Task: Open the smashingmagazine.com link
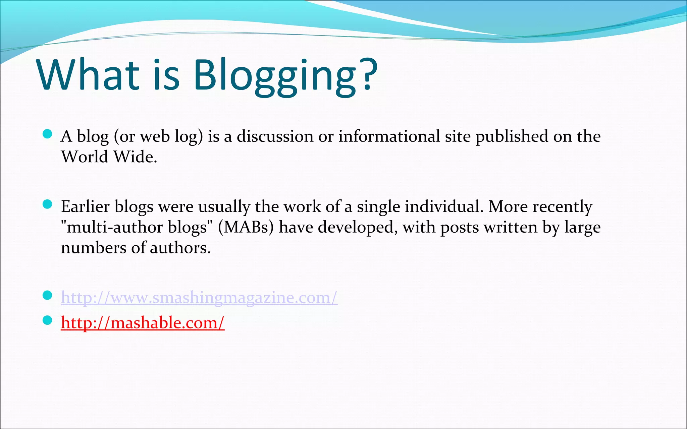click(x=199, y=297)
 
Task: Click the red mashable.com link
click(x=143, y=323)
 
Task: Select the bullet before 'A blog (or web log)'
click(x=48, y=134)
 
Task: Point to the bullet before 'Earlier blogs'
click(x=48, y=204)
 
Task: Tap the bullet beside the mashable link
click(x=48, y=320)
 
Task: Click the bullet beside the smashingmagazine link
click(x=48, y=295)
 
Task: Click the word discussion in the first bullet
click(x=275, y=136)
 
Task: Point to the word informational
click(x=389, y=136)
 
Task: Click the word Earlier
click(x=85, y=206)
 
